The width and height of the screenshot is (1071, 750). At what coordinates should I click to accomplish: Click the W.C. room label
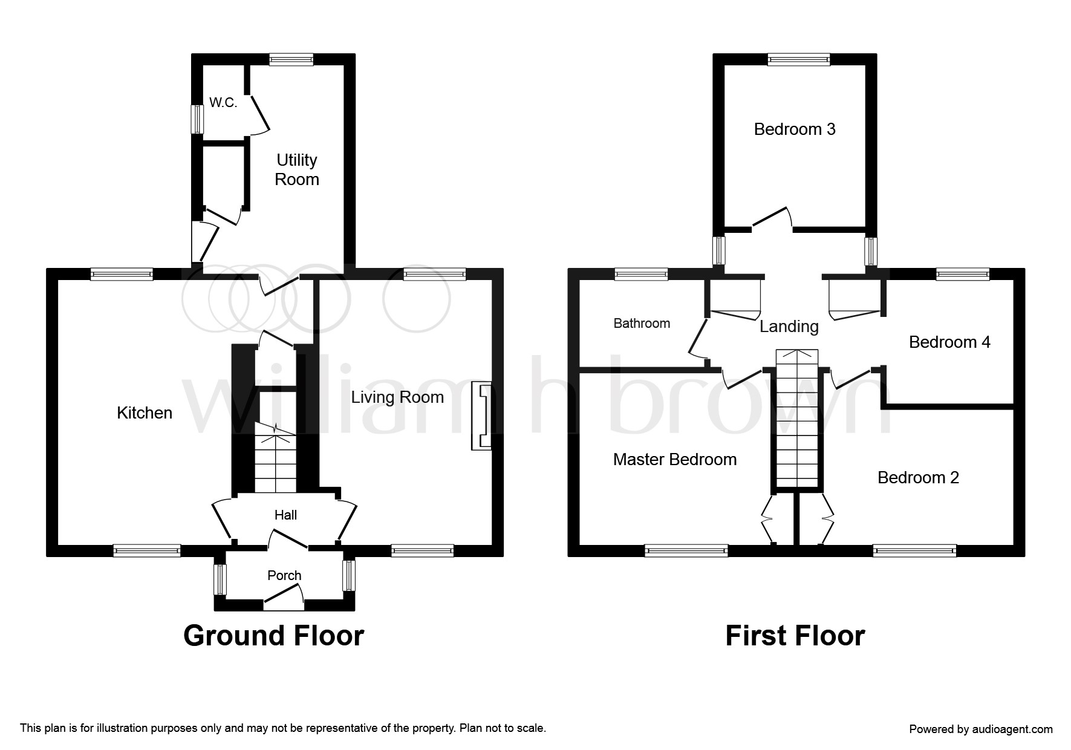click(x=223, y=103)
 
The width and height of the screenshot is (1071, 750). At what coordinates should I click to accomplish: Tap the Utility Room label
click(x=296, y=169)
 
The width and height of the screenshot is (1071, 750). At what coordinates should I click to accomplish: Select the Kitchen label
click(x=145, y=413)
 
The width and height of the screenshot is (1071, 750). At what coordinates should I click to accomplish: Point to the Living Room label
click(x=397, y=397)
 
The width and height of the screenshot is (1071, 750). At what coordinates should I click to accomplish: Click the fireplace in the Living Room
click(x=481, y=416)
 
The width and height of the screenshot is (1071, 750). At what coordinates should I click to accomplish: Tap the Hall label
click(x=285, y=515)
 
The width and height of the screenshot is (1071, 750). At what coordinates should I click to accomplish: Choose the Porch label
click(x=284, y=575)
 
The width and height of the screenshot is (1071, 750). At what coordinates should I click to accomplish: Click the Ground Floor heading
click(x=273, y=636)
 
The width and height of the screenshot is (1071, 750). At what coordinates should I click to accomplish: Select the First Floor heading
click(x=795, y=636)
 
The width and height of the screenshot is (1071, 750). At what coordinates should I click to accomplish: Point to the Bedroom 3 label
click(x=795, y=129)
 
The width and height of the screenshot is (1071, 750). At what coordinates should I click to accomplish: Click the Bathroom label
click(x=642, y=324)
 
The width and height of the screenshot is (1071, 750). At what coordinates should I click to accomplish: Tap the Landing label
click(x=789, y=327)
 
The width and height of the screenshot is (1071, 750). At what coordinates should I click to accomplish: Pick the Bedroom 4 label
click(x=949, y=342)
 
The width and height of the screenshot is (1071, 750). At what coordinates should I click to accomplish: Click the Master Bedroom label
click(x=675, y=460)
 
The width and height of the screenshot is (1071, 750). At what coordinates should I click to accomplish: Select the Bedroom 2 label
click(x=918, y=478)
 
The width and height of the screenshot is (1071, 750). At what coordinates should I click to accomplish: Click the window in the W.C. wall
click(x=197, y=119)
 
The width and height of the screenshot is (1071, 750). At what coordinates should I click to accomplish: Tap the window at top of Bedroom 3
click(x=799, y=59)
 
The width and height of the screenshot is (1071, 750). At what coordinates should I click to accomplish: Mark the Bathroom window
click(x=642, y=274)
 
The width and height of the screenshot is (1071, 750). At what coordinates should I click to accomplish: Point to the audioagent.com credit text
click(x=981, y=729)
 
